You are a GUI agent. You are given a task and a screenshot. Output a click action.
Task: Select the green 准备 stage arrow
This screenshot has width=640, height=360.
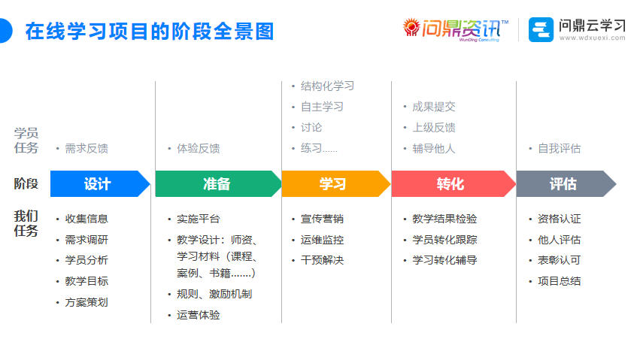click(x=217, y=184)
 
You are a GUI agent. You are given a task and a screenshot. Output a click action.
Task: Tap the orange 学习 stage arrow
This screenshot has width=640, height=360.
click(x=333, y=184)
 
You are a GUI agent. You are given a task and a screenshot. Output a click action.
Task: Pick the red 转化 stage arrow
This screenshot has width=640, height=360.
click(x=450, y=184)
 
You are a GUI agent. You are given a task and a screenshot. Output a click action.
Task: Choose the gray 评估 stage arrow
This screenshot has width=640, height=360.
click(x=563, y=184)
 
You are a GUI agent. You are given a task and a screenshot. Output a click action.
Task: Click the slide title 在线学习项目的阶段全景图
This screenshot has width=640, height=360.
click(x=149, y=32)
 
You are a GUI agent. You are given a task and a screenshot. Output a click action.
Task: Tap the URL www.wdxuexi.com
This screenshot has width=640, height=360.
click(x=592, y=38)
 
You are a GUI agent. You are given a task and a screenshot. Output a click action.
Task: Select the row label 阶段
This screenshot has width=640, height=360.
click(x=26, y=184)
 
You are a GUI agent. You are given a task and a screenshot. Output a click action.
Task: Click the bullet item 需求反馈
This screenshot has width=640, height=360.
click(x=86, y=149)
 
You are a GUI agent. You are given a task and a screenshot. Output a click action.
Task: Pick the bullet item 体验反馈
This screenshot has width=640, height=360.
click(x=198, y=149)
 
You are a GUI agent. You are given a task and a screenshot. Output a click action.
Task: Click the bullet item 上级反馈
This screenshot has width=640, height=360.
click(x=434, y=128)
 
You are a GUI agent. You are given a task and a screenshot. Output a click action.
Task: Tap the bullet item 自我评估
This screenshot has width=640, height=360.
click(x=559, y=149)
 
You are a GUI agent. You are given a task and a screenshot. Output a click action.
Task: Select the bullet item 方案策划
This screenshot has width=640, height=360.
click(x=86, y=302)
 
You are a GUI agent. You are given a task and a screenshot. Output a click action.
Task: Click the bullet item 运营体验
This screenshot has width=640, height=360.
click(x=198, y=315)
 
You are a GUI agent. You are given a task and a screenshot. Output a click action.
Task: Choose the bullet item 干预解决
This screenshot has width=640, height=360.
click(x=322, y=260)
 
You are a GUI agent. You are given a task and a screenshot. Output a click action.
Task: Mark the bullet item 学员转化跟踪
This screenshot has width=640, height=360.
click(x=444, y=240)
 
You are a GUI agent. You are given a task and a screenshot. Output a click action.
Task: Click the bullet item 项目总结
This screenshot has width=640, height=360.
click(x=559, y=281)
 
